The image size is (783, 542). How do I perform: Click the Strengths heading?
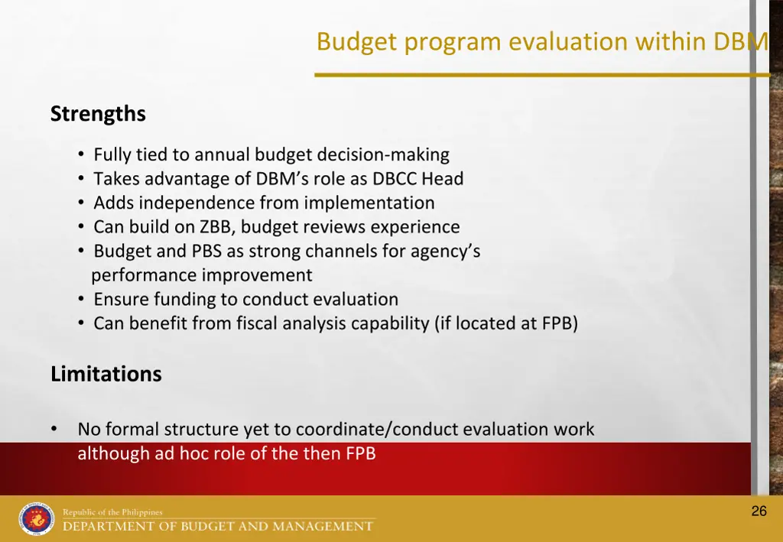[98, 114]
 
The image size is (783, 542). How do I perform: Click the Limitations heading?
[106, 374]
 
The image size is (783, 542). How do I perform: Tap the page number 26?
[759, 511]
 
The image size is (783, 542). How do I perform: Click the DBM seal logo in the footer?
[37, 519]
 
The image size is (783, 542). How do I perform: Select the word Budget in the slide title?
[357, 41]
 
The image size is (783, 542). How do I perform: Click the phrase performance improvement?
[202, 275]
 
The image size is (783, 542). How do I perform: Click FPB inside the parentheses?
[557, 323]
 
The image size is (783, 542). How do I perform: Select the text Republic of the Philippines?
[112, 512]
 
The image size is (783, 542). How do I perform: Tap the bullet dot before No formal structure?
[54, 429]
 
